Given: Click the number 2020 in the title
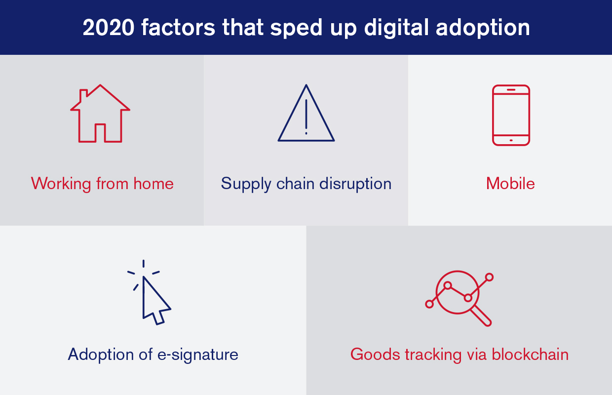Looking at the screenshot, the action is click(109, 27).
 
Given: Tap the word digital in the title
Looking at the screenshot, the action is click(396, 27).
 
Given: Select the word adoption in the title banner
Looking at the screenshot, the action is click(483, 28).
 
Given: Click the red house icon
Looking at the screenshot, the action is click(100, 114).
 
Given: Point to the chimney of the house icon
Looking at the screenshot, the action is click(83, 95).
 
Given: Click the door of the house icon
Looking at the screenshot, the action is click(100, 133).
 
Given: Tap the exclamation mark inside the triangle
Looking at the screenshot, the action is click(306, 117).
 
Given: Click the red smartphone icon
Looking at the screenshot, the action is click(511, 115).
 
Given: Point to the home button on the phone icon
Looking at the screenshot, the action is click(511, 140).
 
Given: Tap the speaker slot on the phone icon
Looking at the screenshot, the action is click(511, 90).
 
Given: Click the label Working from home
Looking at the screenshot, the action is click(102, 184).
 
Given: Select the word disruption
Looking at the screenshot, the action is click(355, 183).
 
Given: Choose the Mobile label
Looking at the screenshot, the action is click(510, 183).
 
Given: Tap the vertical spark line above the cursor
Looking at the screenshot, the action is click(144, 264).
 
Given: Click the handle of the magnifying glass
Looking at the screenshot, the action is click(481, 316).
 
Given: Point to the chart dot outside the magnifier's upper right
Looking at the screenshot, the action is click(489, 277).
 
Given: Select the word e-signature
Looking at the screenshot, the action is click(198, 355).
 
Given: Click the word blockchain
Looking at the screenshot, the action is click(530, 355).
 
